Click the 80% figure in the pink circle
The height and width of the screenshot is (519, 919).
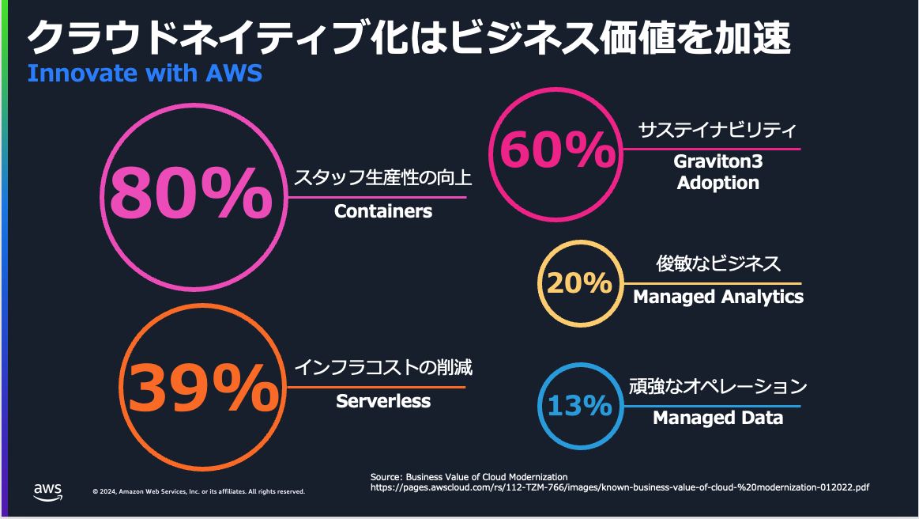point(189,192)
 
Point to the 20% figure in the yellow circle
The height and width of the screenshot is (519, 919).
point(579,283)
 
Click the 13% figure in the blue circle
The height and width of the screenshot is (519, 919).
point(580,406)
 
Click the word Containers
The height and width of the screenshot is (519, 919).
point(383,211)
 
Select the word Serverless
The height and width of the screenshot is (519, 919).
point(383,401)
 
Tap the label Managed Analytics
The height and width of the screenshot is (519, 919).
point(718,297)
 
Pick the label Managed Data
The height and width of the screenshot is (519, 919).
point(717,418)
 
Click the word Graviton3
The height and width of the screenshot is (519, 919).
point(717,161)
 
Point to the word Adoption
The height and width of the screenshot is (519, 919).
point(717,183)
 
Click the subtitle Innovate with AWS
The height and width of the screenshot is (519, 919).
point(145,74)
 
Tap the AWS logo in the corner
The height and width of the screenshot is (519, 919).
point(47,491)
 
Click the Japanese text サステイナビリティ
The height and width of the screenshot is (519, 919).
point(717,131)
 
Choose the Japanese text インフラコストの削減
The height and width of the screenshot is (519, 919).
point(383,368)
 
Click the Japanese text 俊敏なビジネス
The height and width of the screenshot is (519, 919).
point(718,263)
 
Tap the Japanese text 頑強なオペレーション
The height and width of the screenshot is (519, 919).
point(717,387)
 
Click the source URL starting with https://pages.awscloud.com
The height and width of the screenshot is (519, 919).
point(620,488)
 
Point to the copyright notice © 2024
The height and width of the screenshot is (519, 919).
point(198,491)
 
